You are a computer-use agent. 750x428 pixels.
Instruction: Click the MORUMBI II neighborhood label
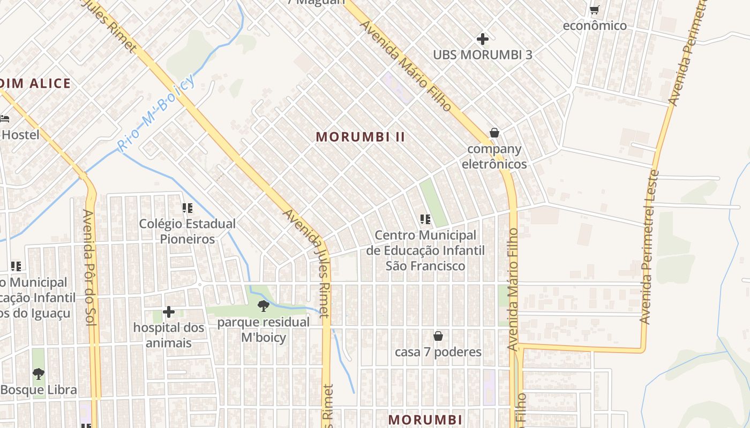click(x=360, y=137)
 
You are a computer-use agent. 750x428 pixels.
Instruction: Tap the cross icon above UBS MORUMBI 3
click(x=483, y=39)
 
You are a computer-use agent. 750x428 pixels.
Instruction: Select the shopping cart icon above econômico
click(x=594, y=10)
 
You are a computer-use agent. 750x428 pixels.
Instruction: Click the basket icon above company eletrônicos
click(x=494, y=133)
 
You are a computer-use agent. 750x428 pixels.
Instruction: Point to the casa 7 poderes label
click(x=438, y=352)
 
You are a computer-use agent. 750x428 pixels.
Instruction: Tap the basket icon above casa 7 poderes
click(x=438, y=336)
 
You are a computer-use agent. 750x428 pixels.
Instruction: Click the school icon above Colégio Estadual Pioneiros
click(x=187, y=208)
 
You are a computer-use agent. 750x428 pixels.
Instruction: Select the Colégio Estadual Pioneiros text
click(x=187, y=231)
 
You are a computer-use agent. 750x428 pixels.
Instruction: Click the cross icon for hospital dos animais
click(x=169, y=311)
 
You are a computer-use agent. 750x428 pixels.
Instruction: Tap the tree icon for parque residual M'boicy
click(x=263, y=306)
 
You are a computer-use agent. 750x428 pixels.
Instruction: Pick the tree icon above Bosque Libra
click(x=38, y=373)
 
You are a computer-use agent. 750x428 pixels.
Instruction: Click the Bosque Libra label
click(x=39, y=390)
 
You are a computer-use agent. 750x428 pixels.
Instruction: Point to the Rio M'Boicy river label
click(x=155, y=113)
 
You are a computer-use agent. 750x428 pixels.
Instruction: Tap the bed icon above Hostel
click(x=4, y=118)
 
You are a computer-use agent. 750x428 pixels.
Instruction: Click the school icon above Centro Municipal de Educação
click(x=425, y=219)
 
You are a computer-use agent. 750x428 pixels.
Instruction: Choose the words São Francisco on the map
click(x=425, y=266)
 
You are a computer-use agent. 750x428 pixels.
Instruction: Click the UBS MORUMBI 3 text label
click(x=483, y=55)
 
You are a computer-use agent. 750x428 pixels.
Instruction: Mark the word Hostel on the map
click(x=20, y=135)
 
